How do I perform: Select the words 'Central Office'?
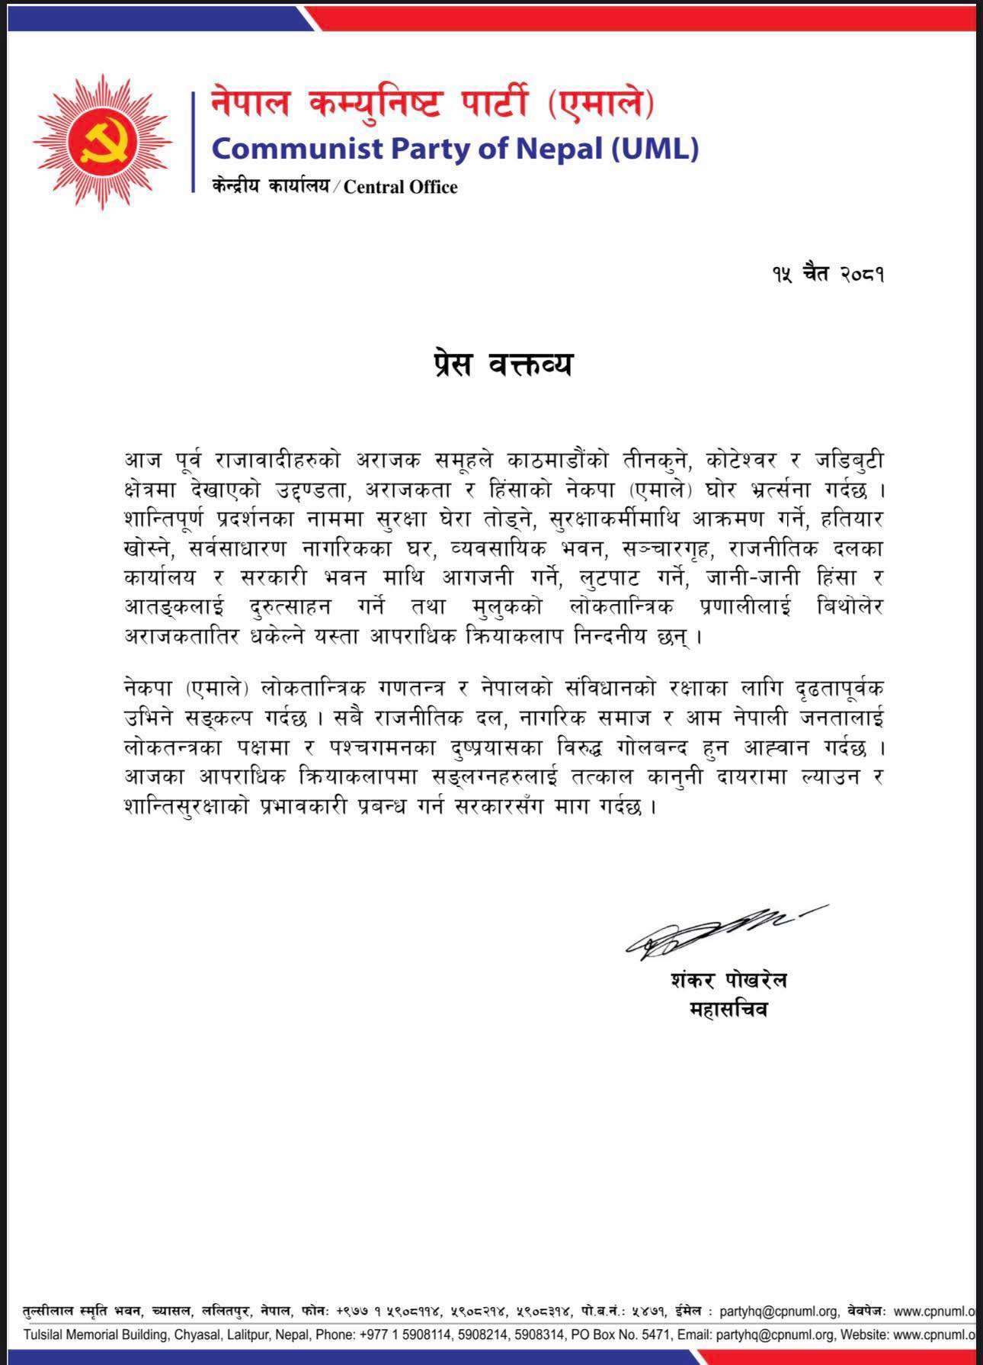(400, 188)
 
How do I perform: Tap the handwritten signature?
(716, 929)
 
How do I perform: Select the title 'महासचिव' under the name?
(728, 1010)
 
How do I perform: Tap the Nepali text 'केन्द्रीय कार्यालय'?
(271, 188)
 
